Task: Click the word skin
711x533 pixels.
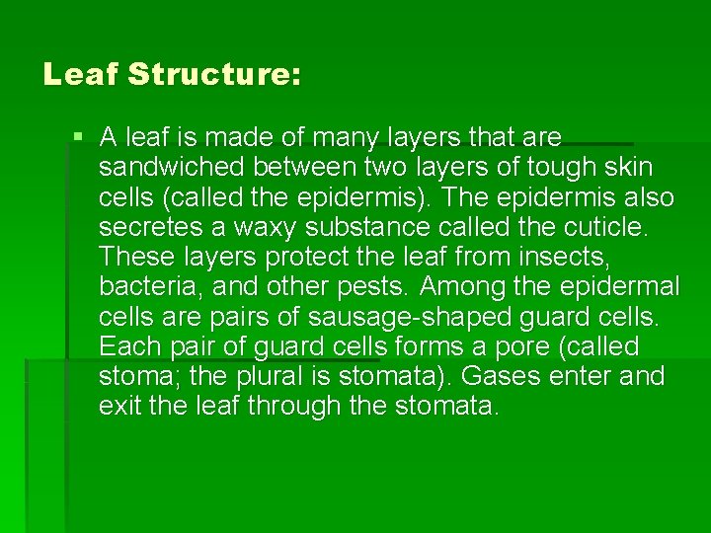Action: pyautogui.click(x=628, y=167)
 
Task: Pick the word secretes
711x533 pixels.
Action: pyautogui.click(x=158, y=227)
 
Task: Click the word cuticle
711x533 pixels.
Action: pyautogui.click(x=609, y=227)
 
